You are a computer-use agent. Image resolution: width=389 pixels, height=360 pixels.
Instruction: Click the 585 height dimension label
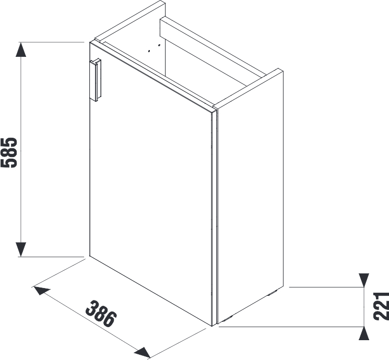click(9, 152)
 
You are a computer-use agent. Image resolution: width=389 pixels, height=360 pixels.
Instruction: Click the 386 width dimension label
click(101, 314)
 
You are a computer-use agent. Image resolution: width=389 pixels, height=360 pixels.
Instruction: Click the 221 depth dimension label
click(381, 306)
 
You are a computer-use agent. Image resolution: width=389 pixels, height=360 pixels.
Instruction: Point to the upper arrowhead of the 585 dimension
click(21, 50)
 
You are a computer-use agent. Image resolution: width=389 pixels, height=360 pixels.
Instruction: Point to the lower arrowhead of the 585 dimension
click(21, 249)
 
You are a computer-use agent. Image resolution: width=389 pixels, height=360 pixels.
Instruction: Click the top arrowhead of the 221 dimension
click(364, 280)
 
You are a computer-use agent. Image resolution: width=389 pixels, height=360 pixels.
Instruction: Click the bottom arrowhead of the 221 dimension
click(364, 333)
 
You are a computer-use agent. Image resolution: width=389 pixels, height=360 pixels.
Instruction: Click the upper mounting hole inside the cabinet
click(159, 45)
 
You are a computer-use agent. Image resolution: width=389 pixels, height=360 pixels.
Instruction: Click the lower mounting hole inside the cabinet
click(149, 51)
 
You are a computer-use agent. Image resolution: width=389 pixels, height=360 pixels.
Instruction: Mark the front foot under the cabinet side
click(228, 318)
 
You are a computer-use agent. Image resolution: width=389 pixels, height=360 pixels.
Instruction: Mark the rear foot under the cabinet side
click(272, 293)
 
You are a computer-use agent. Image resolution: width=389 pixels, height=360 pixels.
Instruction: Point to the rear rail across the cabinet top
click(212, 47)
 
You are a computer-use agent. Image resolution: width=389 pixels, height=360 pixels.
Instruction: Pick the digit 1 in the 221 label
click(381, 296)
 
